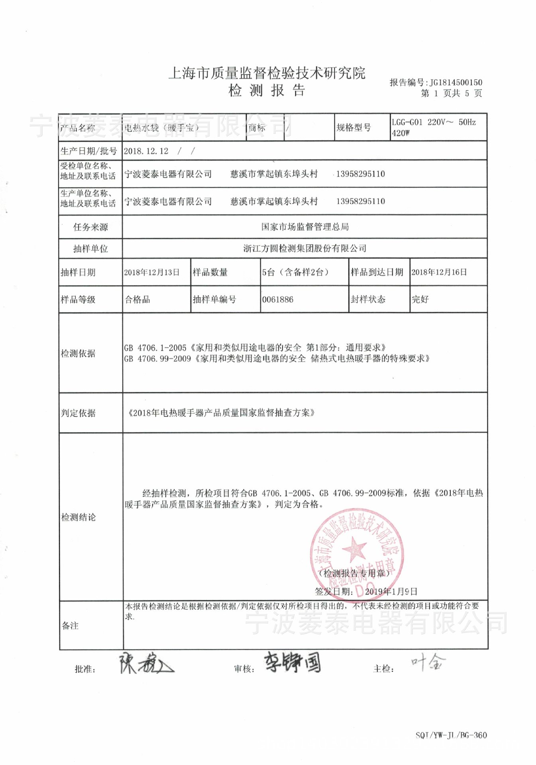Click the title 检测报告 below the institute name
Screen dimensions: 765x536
click(267, 90)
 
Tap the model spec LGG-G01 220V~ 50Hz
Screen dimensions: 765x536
click(433, 122)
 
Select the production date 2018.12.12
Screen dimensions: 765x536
click(146, 151)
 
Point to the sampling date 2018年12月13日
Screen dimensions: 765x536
click(151, 272)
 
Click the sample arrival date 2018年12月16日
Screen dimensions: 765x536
click(439, 272)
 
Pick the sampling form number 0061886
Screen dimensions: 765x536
click(277, 299)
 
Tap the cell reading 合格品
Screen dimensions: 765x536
click(137, 299)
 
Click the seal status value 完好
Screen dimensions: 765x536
click(420, 299)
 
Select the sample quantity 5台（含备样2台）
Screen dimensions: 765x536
click(295, 272)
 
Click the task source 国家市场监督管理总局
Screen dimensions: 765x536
click(305, 227)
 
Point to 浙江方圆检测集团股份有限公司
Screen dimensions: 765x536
click(305, 248)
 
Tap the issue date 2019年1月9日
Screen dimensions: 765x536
click(391, 591)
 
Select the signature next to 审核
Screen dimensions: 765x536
click(293, 662)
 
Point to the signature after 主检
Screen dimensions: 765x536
click(428, 662)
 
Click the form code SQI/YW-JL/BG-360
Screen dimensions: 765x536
click(451, 735)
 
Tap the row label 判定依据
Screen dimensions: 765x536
click(78, 413)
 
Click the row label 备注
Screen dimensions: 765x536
click(70, 626)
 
